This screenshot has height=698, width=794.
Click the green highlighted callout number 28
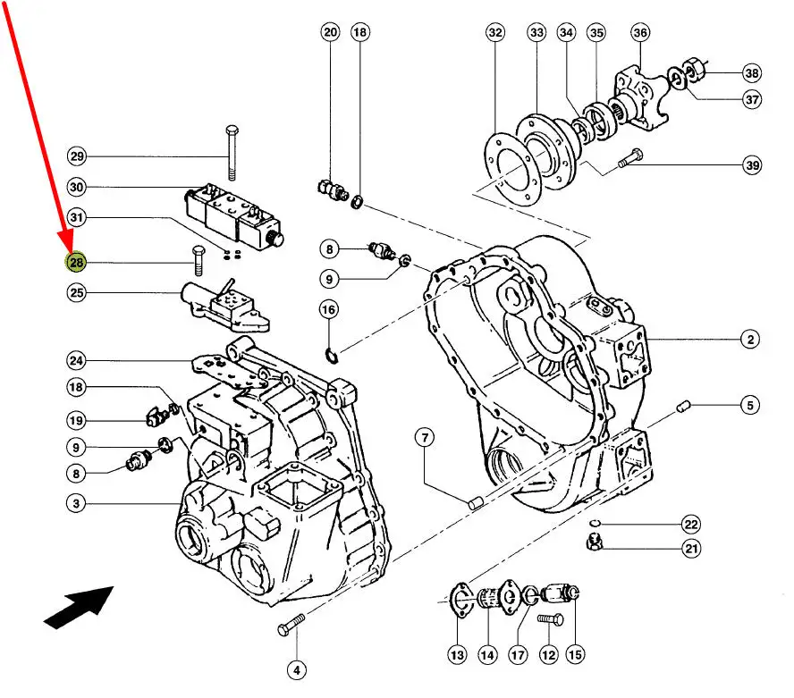pyautogui.click(x=77, y=262)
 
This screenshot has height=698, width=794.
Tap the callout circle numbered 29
pyautogui.click(x=77, y=156)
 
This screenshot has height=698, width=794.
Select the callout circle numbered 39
pyautogui.click(x=753, y=165)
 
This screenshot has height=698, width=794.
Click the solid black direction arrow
pyautogui.click(x=79, y=608)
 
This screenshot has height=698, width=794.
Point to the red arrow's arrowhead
pyautogui.click(x=67, y=242)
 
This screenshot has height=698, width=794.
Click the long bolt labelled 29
pyautogui.click(x=232, y=153)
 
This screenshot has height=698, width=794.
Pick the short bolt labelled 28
pyautogui.click(x=198, y=261)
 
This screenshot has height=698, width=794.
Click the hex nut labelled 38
pyautogui.click(x=693, y=70)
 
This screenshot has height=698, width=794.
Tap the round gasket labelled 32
pyautogui.click(x=511, y=169)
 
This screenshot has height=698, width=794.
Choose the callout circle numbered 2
pyautogui.click(x=750, y=339)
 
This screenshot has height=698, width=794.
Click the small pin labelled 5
pyautogui.click(x=684, y=406)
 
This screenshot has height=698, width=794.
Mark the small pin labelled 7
pyautogui.click(x=475, y=504)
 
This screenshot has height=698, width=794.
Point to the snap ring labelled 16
pyautogui.click(x=331, y=356)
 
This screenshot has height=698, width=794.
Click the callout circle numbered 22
pyautogui.click(x=691, y=525)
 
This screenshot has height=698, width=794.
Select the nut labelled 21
pyautogui.click(x=594, y=542)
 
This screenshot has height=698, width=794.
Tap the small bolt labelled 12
pyautogui.click(x=550, y=619)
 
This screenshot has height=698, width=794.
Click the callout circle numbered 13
pyautogui.click(x=457, y=655)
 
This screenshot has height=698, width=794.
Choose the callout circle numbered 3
pyautogui.click(x=76, y=504)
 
